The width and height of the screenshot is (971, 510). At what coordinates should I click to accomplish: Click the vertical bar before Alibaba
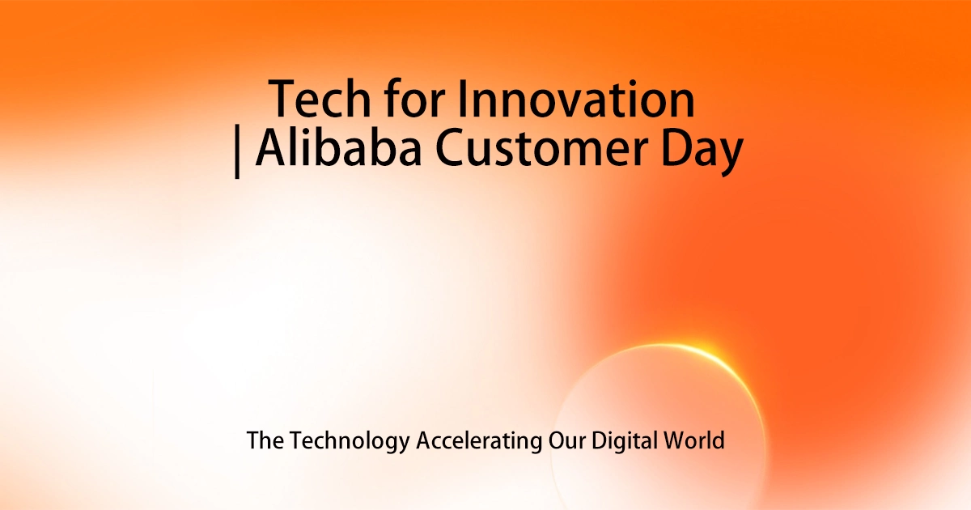tap(237, 152)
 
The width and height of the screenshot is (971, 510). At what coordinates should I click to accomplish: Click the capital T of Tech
tap(284, 100)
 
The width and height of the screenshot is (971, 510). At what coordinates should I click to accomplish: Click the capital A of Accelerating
tap(423, 441)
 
